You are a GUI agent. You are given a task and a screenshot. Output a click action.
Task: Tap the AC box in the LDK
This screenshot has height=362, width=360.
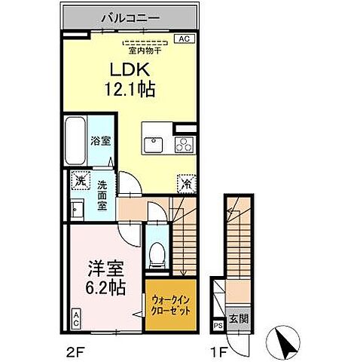coord(182,38)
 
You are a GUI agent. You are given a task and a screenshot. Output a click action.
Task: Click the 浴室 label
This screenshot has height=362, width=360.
coord(101,140)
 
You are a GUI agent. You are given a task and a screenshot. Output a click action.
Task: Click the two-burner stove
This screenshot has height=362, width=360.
coord(185,143)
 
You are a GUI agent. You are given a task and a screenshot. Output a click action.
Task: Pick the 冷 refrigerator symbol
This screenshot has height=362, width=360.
coord(185,183)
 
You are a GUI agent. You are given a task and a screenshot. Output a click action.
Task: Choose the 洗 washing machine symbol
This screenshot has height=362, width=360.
coord(79,181)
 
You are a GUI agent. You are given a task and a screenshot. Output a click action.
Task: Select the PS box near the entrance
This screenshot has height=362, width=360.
coord(218,326)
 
